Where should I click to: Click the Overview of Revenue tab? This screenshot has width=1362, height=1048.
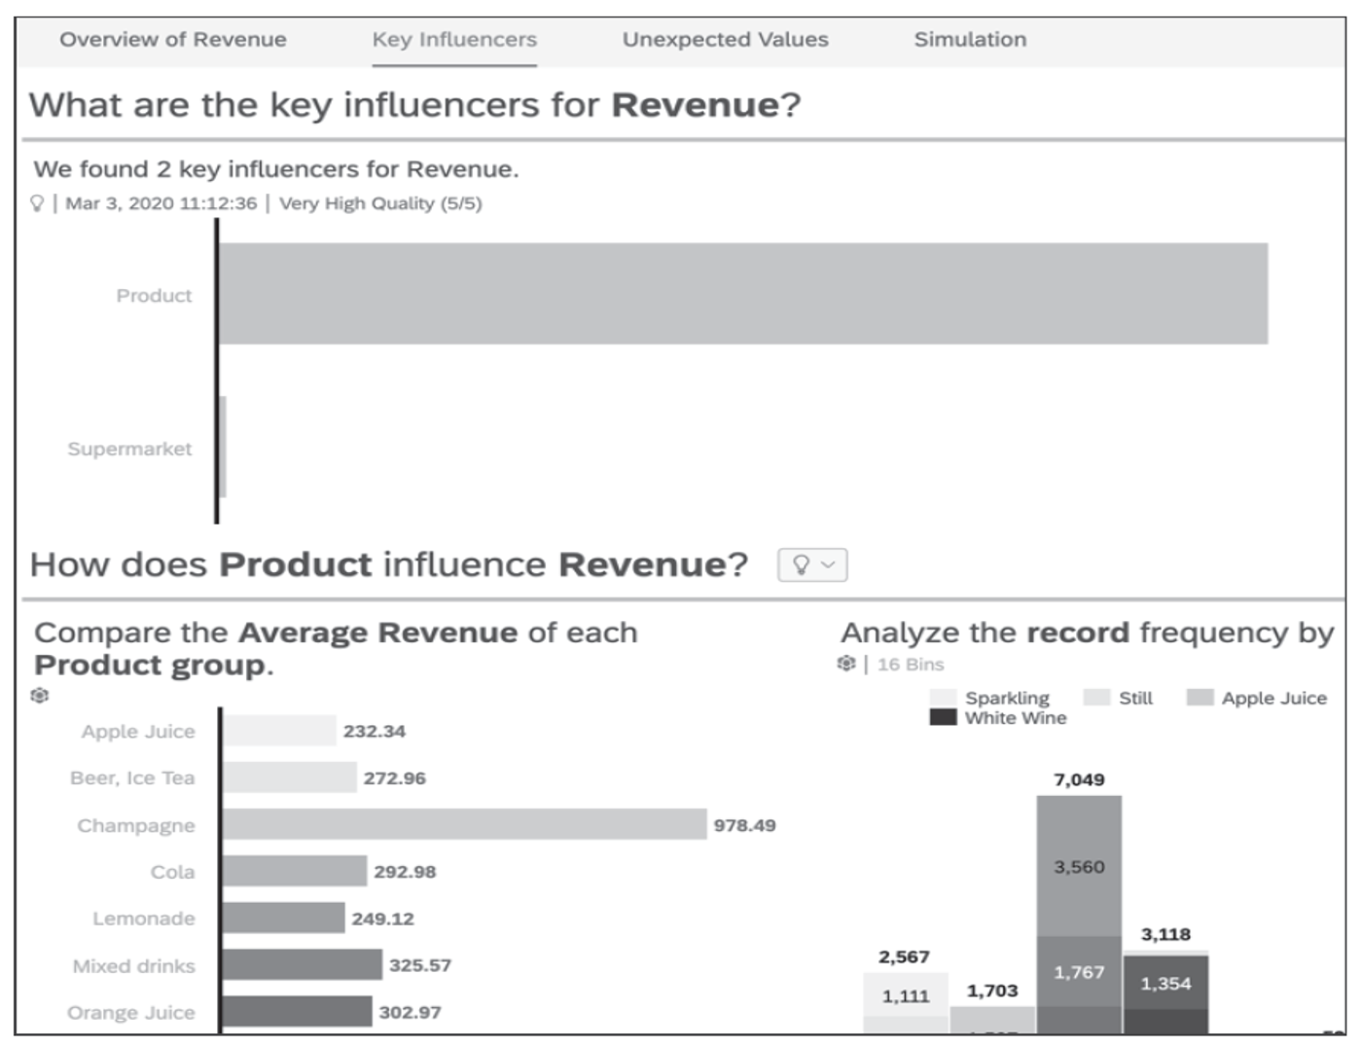pos(172,40)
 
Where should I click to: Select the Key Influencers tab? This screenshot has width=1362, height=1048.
pos(453,40)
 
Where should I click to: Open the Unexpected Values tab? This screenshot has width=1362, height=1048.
pos(725,40)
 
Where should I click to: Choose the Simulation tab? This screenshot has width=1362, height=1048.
pos(970,40)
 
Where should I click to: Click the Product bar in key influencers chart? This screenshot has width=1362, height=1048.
pos(742,293)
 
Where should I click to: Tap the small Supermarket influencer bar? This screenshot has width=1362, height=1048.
pos(223,447)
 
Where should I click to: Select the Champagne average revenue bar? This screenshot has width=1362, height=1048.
pos(463,824)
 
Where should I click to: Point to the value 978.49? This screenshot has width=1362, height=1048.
pos(744,825)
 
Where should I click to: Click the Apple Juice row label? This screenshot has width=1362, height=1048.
pos(138,732)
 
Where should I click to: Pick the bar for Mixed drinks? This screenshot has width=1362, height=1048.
pos(302,965)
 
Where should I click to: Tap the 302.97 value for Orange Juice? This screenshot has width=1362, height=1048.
pos(410,1012)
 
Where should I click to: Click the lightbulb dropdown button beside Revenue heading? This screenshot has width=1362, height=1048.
pos(812,564)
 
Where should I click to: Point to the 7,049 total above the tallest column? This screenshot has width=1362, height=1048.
pos(1078,779)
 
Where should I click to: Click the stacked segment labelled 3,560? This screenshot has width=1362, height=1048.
pos(1079,866)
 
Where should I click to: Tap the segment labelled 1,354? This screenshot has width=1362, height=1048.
pos(1165,983)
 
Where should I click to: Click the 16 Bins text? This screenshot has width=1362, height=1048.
pos(910,665)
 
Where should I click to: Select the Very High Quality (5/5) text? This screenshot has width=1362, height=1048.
pos(380,203)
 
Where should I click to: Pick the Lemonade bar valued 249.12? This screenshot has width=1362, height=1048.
pos(283,918)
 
